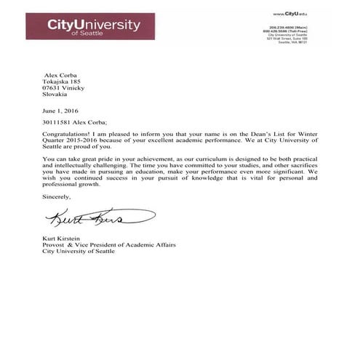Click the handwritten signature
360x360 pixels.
(x=98, y=217)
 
